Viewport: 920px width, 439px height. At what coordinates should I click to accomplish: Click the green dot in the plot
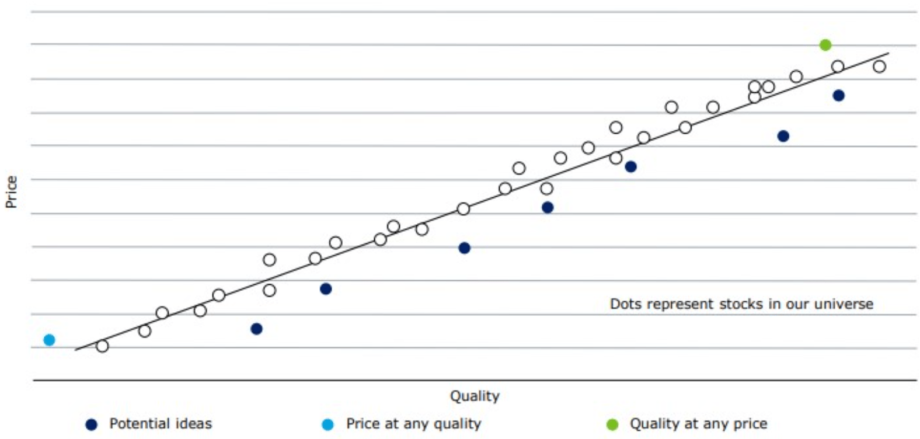point(825,45)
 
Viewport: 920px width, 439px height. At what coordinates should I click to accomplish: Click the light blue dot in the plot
point(50,340)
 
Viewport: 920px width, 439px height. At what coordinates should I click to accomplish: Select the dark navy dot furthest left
point(256,329)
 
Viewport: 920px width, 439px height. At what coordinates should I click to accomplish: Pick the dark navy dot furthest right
point(838,95)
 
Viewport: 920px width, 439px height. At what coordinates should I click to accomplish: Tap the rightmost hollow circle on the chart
point(879,67)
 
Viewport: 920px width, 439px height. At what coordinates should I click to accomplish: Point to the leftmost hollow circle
point(102,346)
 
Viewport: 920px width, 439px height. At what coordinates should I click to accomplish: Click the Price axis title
point(11,191)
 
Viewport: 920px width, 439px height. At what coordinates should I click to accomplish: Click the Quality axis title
point(475,396)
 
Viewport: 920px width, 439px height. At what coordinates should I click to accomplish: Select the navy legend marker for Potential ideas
point(91,424)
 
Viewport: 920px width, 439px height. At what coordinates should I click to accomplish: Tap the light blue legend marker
point(328,424)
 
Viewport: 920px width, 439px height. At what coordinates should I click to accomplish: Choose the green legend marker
point(612,424)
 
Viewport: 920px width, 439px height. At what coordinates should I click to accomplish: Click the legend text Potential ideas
point(161,424)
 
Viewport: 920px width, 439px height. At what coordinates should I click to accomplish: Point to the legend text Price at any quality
point(413,424)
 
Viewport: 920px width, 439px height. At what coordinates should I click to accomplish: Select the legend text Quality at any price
point(698,424)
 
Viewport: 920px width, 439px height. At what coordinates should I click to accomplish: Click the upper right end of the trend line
point(888,53)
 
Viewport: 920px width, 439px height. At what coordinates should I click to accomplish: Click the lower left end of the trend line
point(76,350)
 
